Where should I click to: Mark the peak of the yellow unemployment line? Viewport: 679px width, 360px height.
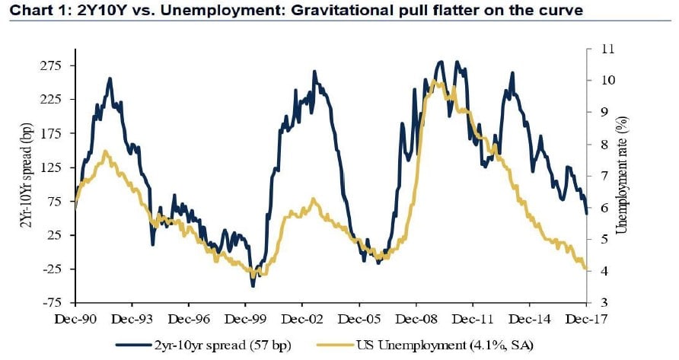click(x=434, y=81)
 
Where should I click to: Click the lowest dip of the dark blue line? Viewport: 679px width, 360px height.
click(x=253, y=286)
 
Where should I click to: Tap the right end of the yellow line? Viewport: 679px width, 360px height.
click(x=586, y=268)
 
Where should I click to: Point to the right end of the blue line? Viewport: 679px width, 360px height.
click(x=586, y=213)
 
